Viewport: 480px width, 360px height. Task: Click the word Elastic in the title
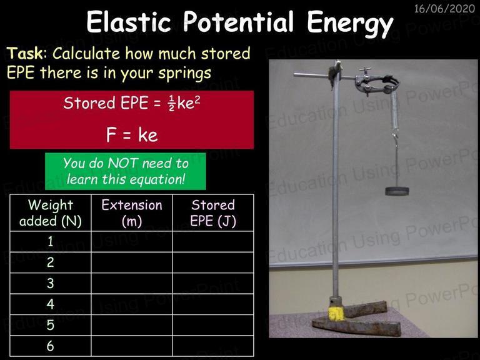[128, 22]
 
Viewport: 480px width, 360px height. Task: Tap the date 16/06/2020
[444, 9]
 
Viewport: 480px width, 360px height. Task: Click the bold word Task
[25, 53]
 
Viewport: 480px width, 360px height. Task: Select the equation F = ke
[132, 135]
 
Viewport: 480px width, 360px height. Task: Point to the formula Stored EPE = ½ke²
[132, 103]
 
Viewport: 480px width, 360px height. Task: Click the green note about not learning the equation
[126, 171]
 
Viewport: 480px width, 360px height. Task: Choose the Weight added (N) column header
[51, 212]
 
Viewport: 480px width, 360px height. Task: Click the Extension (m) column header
[132, 212]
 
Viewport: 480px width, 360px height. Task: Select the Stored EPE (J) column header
[213, 212]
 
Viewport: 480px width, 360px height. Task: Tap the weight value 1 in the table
[51, 241]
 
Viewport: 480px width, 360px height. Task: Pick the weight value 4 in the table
[51, 304]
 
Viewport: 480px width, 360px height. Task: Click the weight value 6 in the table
[51, 346]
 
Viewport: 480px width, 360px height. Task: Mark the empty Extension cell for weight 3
[132, 284]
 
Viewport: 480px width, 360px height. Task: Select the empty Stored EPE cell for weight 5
[213, 325]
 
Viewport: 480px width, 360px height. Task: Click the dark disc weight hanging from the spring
[397, 191]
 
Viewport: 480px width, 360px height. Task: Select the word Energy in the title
[350, 23]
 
